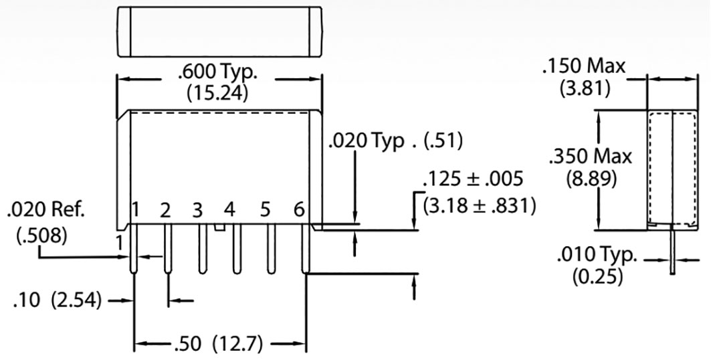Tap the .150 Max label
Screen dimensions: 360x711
point(583,66)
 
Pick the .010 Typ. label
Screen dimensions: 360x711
point(597,255)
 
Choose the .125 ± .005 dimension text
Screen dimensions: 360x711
point(472,180)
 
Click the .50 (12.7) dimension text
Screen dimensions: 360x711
point(220,345)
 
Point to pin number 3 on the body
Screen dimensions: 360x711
point(197,211)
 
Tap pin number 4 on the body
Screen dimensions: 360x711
point(229,211)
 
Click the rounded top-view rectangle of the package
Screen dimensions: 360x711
point(219,31)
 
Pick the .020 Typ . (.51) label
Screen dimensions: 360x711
point(395,142)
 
